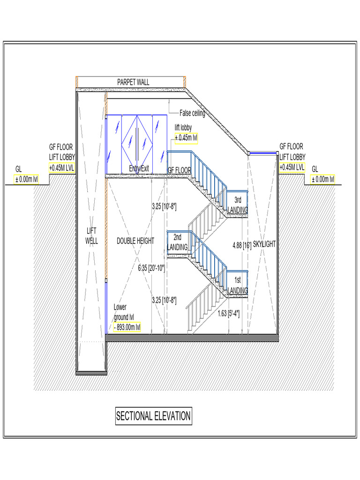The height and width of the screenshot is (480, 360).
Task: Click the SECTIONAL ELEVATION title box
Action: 153,416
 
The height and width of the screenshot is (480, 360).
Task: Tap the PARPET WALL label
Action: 133,82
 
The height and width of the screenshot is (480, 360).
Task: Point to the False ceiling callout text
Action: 192,113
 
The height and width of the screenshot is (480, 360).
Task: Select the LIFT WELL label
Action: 91,236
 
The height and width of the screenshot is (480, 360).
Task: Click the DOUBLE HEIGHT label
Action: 135,241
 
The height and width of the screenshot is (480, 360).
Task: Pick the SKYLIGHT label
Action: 264,244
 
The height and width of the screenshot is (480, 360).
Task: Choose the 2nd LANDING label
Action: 177,242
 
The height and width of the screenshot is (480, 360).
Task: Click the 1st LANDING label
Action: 238,285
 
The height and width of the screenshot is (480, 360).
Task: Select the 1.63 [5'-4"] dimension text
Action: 229,314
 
